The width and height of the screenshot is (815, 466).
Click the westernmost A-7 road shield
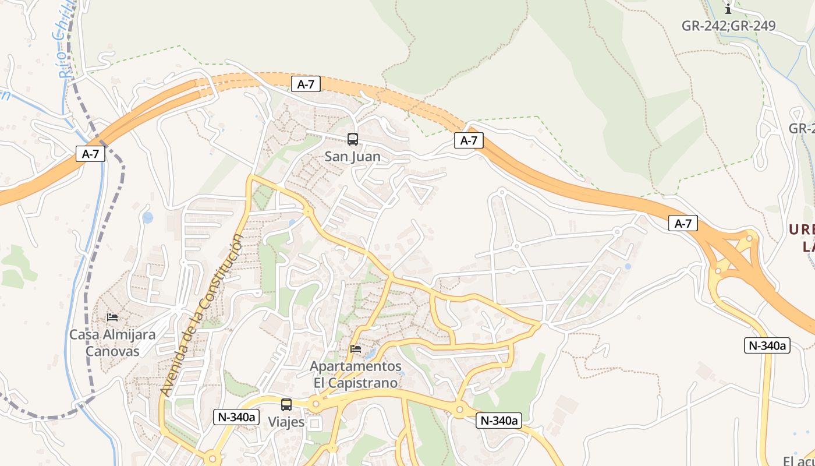90,154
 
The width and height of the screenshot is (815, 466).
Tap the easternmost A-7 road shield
683,223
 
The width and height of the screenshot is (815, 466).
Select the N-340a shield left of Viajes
236,417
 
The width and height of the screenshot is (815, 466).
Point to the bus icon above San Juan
353,139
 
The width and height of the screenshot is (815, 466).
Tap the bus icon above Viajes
286,404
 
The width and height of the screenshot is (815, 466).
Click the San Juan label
353,157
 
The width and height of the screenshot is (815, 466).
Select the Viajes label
286,422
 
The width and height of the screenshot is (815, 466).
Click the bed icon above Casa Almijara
112,317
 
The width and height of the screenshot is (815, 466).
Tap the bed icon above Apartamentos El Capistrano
356,349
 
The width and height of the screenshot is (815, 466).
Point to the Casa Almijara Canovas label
112,343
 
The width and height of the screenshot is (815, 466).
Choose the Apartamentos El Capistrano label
356,375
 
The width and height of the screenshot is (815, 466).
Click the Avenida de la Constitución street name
203,315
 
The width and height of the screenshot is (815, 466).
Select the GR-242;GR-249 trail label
728,26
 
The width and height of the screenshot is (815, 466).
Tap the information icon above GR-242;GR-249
728,9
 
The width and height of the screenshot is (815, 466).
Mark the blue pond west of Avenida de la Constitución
148,218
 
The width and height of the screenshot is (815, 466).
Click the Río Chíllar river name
67,41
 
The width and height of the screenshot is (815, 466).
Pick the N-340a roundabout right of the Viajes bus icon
316,403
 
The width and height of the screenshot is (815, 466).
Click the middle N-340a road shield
498,421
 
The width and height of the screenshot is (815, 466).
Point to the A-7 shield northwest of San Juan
306,84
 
